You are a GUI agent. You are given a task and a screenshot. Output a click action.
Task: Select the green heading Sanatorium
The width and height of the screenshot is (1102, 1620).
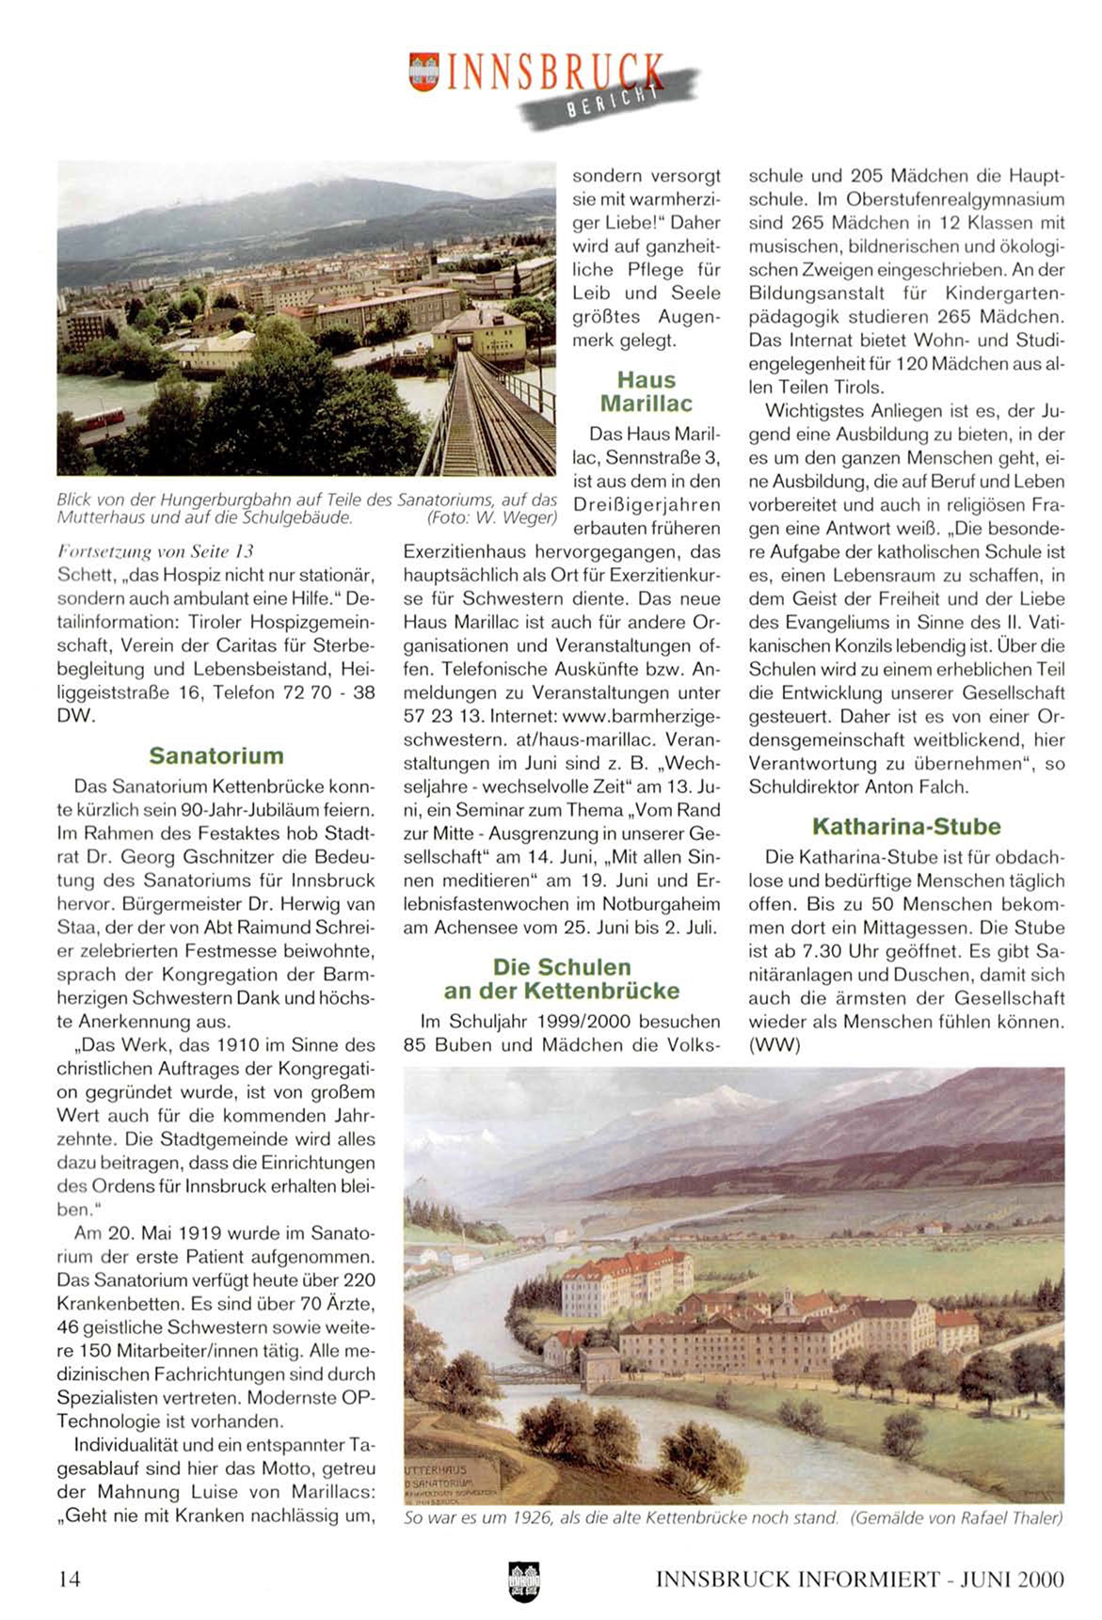coord(216,755)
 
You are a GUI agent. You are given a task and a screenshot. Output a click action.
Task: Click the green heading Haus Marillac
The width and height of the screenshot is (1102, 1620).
coord(647,391)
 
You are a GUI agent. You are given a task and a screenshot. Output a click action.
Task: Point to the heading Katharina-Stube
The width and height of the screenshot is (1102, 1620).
coord(906,826)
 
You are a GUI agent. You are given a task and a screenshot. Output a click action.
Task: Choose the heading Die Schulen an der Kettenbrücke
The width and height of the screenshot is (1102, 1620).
coord(562,978)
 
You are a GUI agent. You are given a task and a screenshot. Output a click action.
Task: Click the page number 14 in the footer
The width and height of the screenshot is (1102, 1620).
coord(69,1579)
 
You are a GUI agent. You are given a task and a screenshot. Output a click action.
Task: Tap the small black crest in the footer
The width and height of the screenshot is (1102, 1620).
coord(522,1581)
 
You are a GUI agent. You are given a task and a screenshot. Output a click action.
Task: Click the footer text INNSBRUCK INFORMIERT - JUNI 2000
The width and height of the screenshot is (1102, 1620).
coord(859,1579)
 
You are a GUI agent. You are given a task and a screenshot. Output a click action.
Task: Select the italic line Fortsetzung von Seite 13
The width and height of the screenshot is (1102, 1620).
coord(155,550)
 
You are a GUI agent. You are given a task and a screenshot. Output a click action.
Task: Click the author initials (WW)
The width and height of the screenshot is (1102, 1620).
coord(774,1044)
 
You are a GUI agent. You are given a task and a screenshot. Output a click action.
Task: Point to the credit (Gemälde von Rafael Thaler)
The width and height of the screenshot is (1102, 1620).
coord(956,1517)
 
